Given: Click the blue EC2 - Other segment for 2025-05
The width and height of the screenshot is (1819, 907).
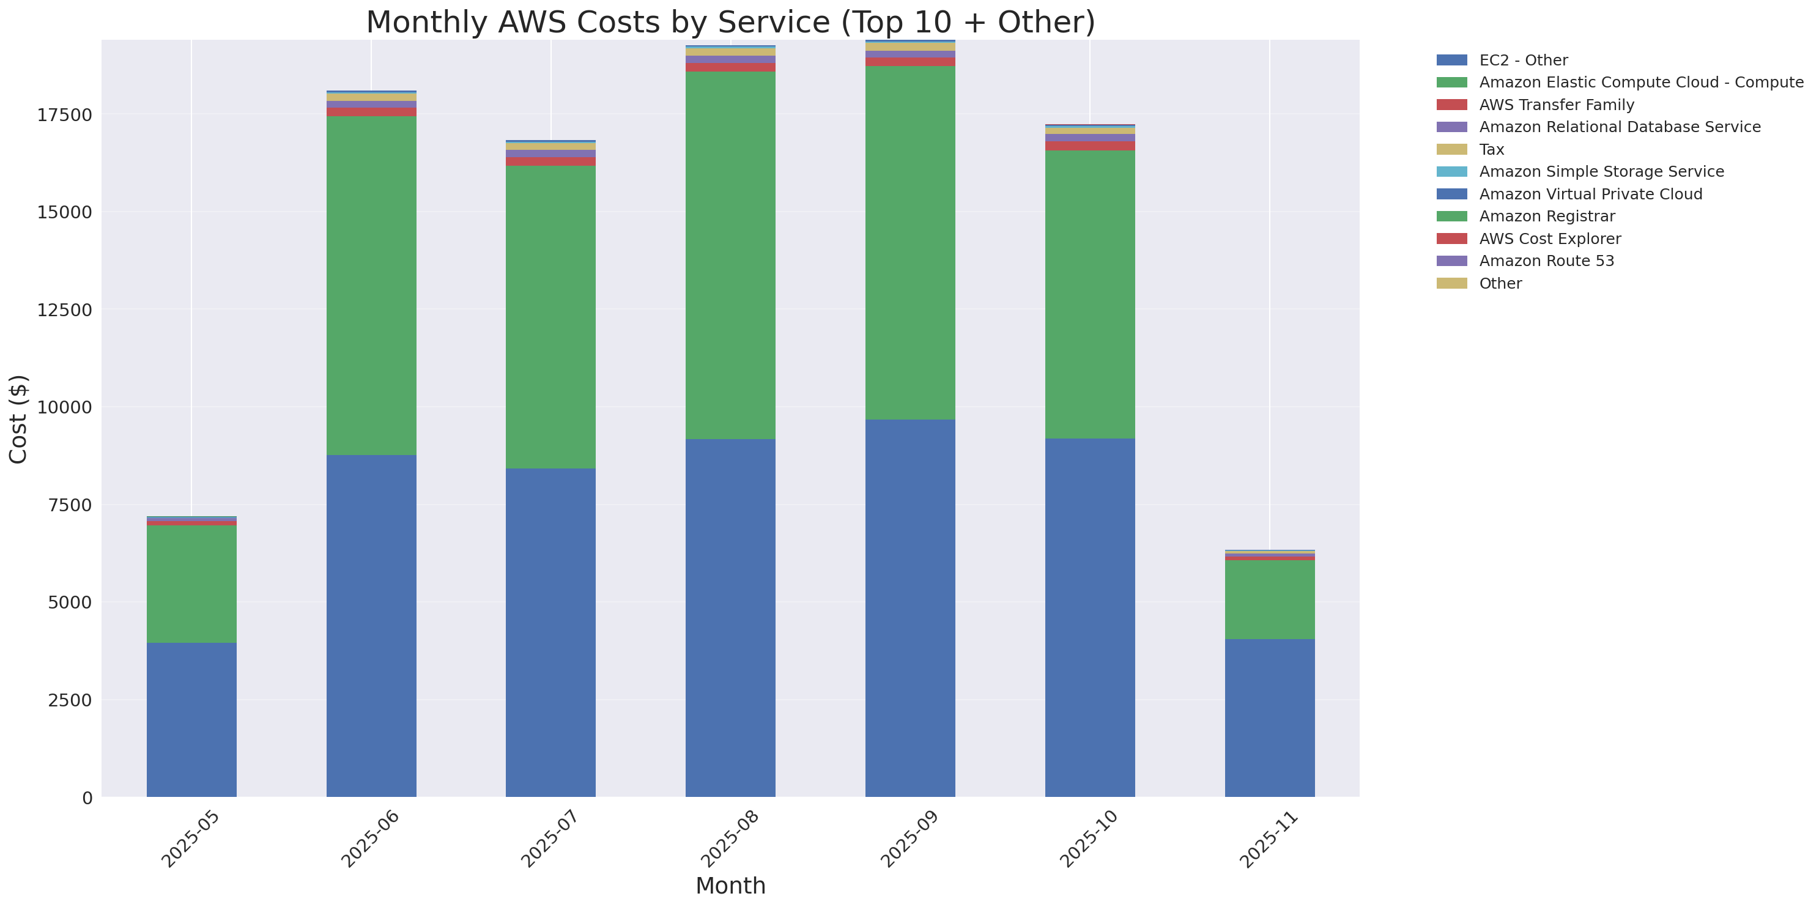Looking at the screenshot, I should (191, 720).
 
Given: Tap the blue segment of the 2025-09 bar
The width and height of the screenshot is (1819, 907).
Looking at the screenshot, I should (910, 609).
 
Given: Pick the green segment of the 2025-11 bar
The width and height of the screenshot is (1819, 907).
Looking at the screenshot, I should (1270, 599).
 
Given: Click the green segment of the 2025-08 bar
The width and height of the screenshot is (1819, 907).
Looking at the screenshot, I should (730, 256).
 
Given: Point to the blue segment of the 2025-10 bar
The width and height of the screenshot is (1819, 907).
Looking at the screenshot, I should (1089, 618).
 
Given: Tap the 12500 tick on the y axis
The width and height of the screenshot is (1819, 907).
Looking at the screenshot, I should (64, 310).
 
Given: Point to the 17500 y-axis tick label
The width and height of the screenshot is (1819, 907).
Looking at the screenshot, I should (64, 115).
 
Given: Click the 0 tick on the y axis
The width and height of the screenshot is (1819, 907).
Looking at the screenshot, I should (87, 798).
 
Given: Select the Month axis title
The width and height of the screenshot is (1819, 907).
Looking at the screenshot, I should (730, 886).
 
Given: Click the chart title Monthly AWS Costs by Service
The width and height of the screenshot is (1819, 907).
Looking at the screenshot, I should (730, 22).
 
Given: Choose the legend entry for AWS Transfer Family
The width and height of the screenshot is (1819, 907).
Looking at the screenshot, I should (1557, 105).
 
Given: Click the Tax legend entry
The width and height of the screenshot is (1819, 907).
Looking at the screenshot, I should (1491, 150).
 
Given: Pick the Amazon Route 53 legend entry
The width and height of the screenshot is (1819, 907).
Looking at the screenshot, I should (1546, 261).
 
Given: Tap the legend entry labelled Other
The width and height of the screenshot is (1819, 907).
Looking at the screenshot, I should (1500, 283).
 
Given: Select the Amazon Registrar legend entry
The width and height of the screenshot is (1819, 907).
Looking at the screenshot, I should (1546, 216).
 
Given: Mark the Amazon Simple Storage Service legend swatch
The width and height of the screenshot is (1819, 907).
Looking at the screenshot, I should (1452, 171).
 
